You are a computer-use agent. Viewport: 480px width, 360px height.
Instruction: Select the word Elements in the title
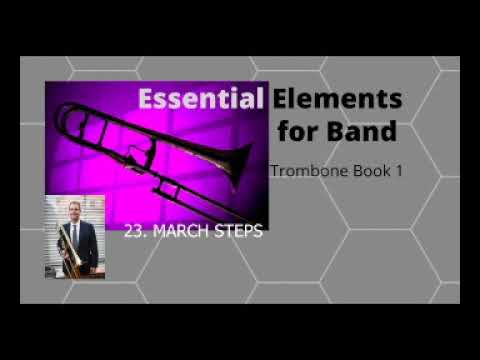(x=336, y=100)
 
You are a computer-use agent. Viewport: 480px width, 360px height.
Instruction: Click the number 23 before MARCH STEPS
(x=133, y=231)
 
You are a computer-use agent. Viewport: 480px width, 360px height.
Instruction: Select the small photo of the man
(x=75, y=237)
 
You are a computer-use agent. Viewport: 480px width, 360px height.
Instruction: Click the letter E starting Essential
(x=146, y=100)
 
